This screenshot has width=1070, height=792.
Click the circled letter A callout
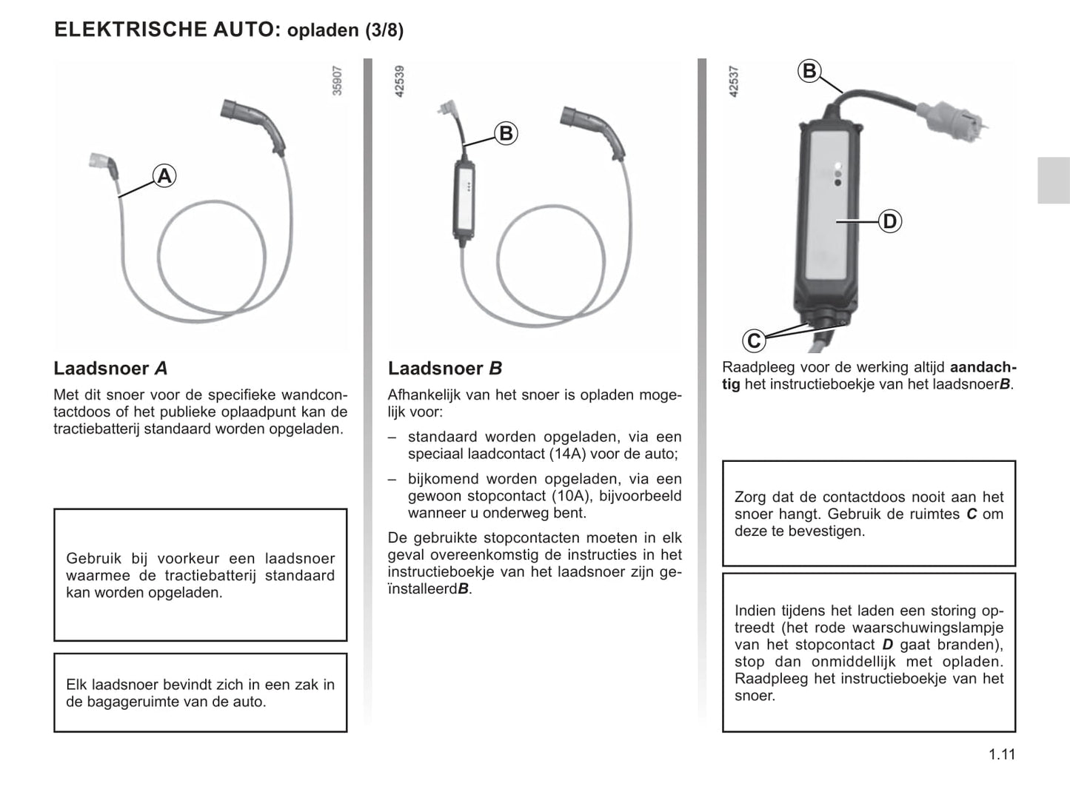click(x=164, y=176)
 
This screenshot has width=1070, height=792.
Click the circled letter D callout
click(x=889, y=221)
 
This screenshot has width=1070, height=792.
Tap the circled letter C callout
click(x=754, y=340)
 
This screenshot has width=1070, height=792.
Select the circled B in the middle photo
click(x=506, y=133)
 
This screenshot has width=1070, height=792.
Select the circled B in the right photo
click(x=809, y=71)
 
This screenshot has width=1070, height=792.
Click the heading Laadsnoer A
click(x=110, y=368)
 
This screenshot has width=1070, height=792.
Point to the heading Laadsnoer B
click(x=445, y=368)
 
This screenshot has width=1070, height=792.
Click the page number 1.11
click(x=1001, y=754)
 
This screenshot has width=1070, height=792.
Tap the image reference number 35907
click(x=337, y=81)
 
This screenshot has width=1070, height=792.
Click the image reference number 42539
click(x=400, y=81)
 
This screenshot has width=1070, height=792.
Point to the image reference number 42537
click(x=734, y=81)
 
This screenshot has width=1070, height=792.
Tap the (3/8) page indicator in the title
click(x=384, y=30)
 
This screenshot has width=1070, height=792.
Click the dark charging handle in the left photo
click(x=255, y=123)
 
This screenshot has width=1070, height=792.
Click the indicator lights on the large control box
click(x=837, y=173)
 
